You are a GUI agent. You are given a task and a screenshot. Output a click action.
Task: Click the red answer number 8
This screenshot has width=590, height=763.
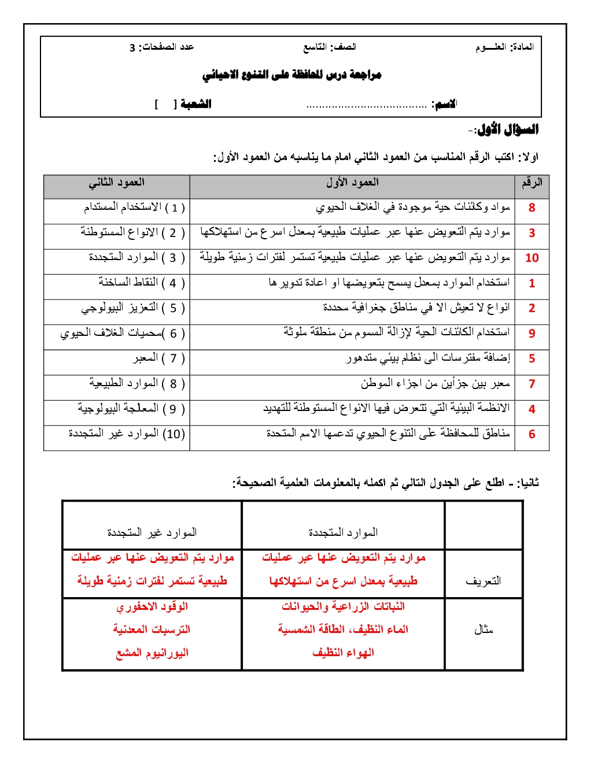tap(532, 208)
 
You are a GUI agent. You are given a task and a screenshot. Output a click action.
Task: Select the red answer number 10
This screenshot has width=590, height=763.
tap(532, 258)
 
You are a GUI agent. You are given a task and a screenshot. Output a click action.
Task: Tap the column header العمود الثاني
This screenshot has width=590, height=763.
tap(116, 183)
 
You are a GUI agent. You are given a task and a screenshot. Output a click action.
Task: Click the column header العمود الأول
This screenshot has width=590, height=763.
tap(352, 183)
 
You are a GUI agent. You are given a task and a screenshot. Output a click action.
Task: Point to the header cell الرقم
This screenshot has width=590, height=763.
tap(532, 183)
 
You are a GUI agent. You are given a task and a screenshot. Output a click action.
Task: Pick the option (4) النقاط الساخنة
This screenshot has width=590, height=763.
tap(141, 283)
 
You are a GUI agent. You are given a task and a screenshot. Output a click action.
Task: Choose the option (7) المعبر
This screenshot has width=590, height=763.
tap(158, 358)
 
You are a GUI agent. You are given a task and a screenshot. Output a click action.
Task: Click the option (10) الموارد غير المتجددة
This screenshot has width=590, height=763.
tap(126, 434)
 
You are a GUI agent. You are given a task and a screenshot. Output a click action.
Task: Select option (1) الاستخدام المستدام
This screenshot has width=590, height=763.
tap(134, 208)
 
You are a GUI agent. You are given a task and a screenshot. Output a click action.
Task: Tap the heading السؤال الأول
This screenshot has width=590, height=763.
tap(507, 130)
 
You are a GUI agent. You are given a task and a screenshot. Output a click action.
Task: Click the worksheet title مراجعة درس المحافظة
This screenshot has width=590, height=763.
tap(292, 75)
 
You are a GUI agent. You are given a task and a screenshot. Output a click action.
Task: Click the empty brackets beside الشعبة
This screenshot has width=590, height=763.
tap(165, 105)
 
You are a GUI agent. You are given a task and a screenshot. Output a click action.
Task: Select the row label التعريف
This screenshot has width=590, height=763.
tap(483, 581)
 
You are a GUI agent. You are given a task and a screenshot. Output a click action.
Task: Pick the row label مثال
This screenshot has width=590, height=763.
tap(483, 629)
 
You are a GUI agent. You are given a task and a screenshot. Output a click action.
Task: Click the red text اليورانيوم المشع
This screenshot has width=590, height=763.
tap(152, 653)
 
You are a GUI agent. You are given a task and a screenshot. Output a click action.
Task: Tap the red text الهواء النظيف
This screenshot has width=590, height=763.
tap(343, 653)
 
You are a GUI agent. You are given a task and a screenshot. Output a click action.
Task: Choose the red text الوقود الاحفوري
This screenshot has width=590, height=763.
tap(152, 607)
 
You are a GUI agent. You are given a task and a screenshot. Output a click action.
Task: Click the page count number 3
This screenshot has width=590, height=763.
tap(132, 47)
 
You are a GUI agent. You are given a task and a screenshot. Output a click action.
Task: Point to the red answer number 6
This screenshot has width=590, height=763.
tap(532, 434)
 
